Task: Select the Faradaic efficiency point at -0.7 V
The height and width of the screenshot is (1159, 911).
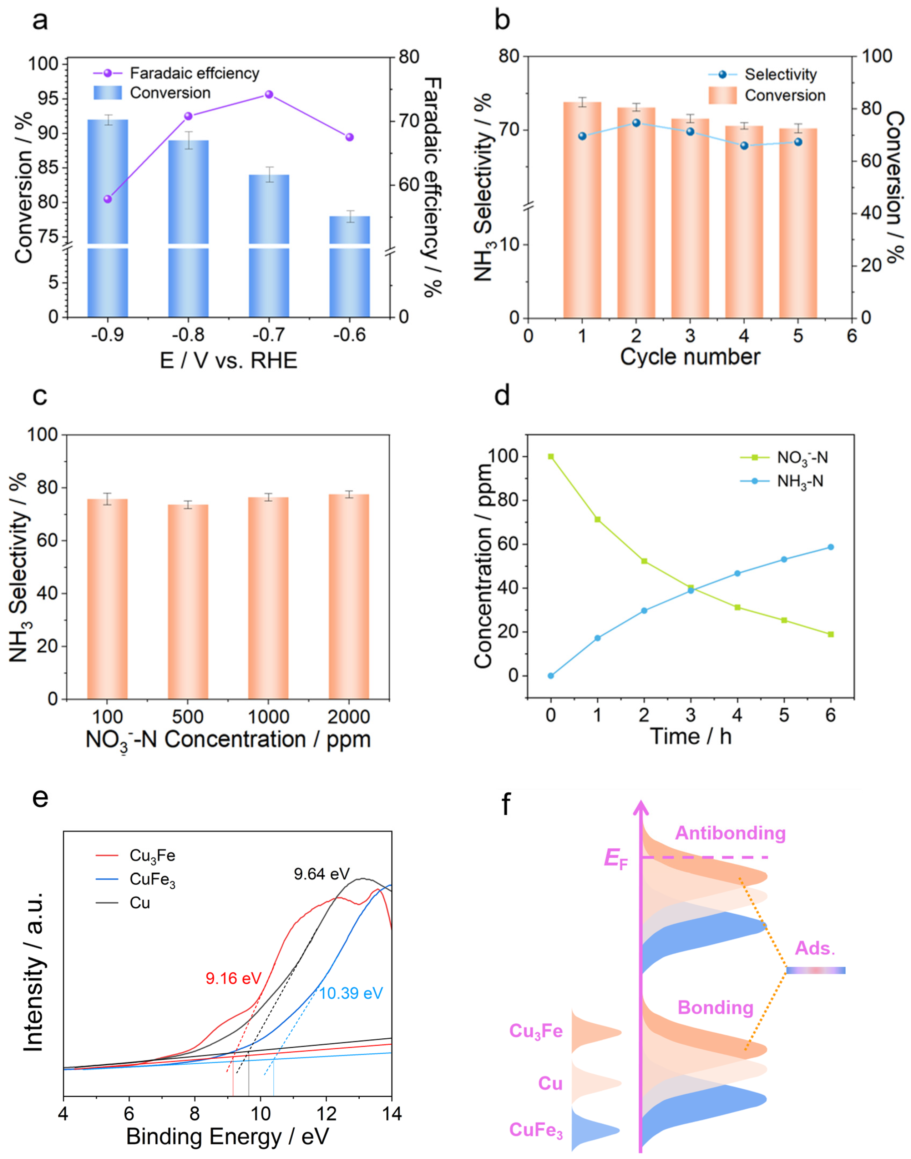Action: (x=269, y=95)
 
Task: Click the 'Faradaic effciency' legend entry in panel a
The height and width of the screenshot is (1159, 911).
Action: (x=194, y=73)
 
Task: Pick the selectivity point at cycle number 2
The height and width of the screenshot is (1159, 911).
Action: (x=636, y=123)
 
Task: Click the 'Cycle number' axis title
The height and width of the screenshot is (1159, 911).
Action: (x=690, y=356)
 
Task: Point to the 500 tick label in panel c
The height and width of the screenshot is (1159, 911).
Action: (x=188, y=717)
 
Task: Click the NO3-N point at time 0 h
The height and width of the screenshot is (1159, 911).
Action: (x=551, y=456)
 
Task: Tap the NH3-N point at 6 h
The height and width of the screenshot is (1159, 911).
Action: (x=830, y=547)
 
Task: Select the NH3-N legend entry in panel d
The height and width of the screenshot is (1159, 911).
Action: (x=800, y=481)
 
